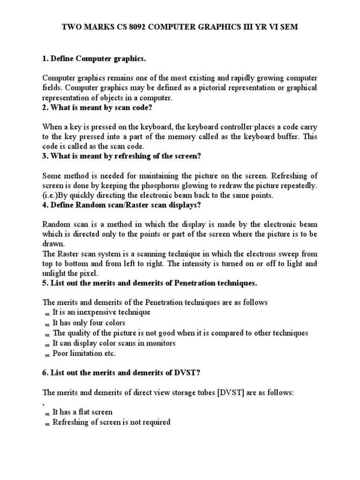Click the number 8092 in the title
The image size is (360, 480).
click(x=123, y=28)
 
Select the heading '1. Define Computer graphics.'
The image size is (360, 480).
click(x=94, y=59)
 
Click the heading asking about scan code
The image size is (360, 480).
click(x=97, y=108)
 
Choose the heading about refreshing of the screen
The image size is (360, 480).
click(x=124, y=156)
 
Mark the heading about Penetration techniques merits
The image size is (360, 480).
click(x=150, y=283)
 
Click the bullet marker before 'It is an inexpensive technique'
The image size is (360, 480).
click(x=47, y=313)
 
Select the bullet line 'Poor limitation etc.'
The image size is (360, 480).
click(x=83, y=353)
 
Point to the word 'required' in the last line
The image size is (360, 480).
click(x=156, y=422)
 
